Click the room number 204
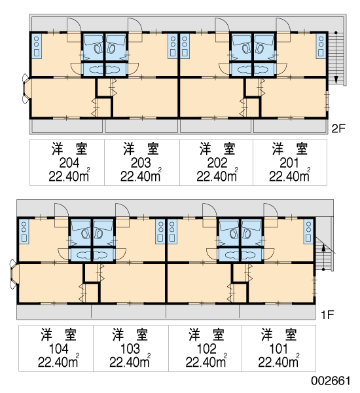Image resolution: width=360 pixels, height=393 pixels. [x=69, y=163]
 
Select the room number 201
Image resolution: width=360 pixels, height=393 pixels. [x=289, y=163]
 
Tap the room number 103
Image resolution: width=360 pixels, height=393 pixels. [x=130, y=349]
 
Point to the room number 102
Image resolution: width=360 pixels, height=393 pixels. [x=206, y=349]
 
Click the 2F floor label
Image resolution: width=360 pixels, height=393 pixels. [x=338, y=129]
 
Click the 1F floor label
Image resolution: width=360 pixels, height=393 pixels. [x=328, y=315]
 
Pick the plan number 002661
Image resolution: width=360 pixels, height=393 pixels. [x=331, y=381]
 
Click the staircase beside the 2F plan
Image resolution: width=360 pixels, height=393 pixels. [x=337, y=59]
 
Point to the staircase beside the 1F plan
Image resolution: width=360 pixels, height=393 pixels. [x=324, y=253]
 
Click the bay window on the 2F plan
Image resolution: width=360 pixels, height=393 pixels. [x=26, y=88]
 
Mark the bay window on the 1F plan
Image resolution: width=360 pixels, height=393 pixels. [x=13, y=274]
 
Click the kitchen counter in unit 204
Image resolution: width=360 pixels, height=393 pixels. [x=37, y=46]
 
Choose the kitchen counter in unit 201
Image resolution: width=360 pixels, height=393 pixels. [x=321, y=46]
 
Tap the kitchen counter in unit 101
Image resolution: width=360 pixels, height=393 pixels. [x=309, y=231]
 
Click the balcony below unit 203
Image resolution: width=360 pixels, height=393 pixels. [x=141, y=126]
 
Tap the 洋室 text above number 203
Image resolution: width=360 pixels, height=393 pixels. [x=141, y=149]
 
